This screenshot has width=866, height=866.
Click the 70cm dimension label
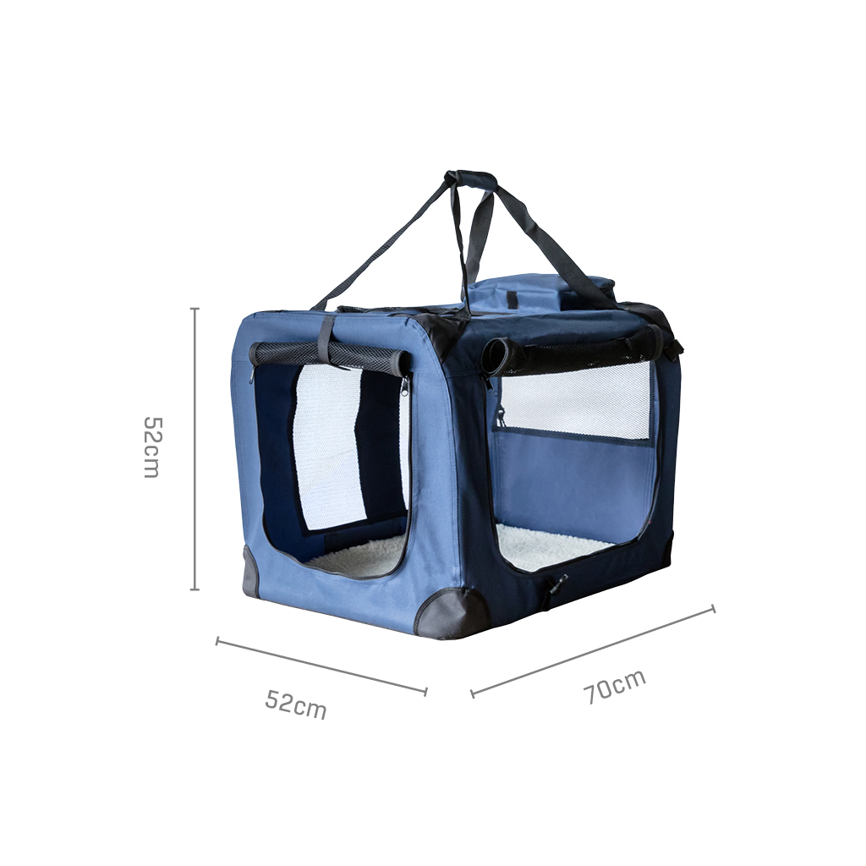pos(615,687)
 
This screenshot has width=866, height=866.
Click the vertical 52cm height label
pos(151,447)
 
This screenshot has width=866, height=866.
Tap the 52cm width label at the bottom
pos(296,703)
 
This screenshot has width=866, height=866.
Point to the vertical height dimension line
pos(195,448)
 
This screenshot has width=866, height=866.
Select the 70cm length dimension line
pos(593,650)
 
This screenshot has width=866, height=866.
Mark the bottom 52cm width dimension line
pos(321,666)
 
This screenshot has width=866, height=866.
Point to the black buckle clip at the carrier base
pos(556,585)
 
